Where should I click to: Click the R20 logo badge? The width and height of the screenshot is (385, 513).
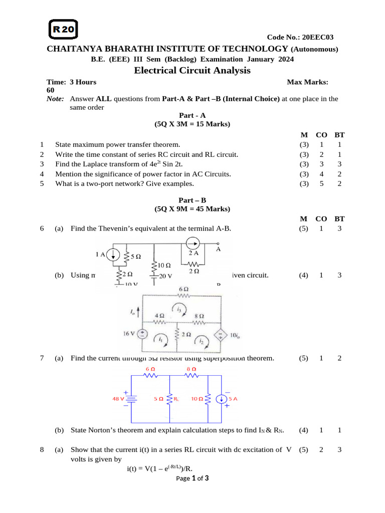[x=63, y=30]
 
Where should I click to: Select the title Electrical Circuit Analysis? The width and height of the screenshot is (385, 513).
[x=192, y=70]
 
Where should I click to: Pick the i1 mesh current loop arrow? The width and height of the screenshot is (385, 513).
[x=160, y=338]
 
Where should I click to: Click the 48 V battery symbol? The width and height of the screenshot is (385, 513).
[x=131, y=399]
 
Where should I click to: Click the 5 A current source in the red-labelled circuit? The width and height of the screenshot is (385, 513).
[x=221, y=399]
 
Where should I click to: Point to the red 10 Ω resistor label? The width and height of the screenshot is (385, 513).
[x=197, y=399]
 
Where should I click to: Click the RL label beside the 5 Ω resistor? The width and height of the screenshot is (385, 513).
[x=176, y=400]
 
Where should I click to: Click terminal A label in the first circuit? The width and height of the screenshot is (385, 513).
[x=219, y=248]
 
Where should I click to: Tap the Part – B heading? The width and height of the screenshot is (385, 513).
[x=192, y=199]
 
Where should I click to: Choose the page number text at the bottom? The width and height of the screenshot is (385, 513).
[x=192, y=478]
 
